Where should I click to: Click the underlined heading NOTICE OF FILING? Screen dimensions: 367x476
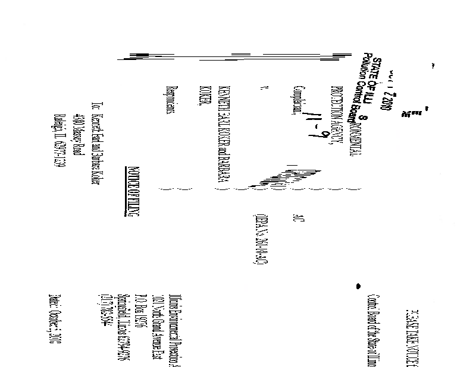coord(134,202)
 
